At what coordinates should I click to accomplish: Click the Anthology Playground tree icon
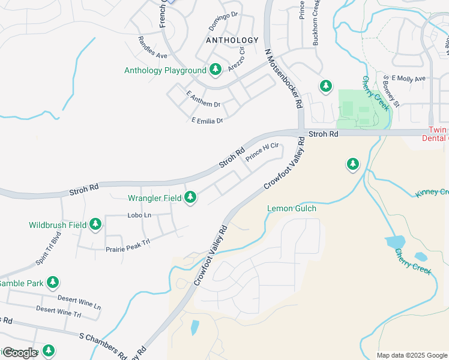(x=215, y=70)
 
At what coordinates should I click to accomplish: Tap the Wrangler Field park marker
(x=190, y=197)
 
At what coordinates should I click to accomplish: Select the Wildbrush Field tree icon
(x=95, y=225)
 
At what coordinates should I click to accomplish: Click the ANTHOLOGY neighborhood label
(x=232, y=40)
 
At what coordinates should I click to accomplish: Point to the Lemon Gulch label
(x=291, y=208)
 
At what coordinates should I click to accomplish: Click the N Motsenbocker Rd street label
(x=283, y=78)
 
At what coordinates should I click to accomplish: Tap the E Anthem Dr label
(x=203, y=100)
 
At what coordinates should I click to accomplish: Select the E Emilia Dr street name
(x=207, y=121)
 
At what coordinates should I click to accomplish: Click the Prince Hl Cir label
(x=263, y=151)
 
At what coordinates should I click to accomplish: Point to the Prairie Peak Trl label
(x=127, y=245)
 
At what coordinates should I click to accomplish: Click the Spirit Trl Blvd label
(x=49, y=248)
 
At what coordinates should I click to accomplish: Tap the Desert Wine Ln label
(x=79, y=301)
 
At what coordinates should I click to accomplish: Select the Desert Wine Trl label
(x=58, y=311)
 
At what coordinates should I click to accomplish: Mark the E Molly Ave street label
(x=408, y=79)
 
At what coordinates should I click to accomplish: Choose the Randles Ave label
(x=152, y=50)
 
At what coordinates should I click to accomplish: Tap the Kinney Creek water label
(x=432, y=193)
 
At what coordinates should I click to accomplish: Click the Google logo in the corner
(x=20, y=353)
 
